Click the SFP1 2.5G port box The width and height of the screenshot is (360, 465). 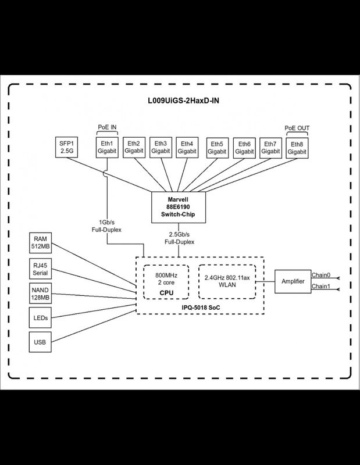tap(67, 147)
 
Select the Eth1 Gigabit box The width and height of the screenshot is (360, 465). tap(107, 148)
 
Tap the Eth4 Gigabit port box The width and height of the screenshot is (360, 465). tap(187, 148)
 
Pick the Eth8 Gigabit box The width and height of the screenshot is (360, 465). tap(297, 148)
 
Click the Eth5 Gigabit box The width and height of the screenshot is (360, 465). tap(218, 148)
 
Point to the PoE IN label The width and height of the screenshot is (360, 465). tap(107, 127)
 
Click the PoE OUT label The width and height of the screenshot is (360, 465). tap(297, 128)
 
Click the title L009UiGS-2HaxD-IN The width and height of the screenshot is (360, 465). tap(183, 101)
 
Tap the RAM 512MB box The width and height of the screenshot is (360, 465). tap(40, 242)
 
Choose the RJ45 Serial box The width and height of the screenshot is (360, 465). tap(40, 269)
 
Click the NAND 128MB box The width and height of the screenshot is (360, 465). tap(40, 294)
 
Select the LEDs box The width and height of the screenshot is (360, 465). tap(40, 317)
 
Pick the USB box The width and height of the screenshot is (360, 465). tap(40, 342)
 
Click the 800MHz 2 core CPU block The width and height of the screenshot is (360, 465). tap(166, 282)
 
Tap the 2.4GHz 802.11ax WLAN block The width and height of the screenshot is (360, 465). tap(227, 281)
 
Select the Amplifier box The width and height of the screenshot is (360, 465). tap(293, 281)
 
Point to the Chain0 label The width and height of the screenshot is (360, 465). tap(321, 275)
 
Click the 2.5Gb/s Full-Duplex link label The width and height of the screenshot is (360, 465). tap(179, 238)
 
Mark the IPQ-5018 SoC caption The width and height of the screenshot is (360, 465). tap(201, 307)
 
